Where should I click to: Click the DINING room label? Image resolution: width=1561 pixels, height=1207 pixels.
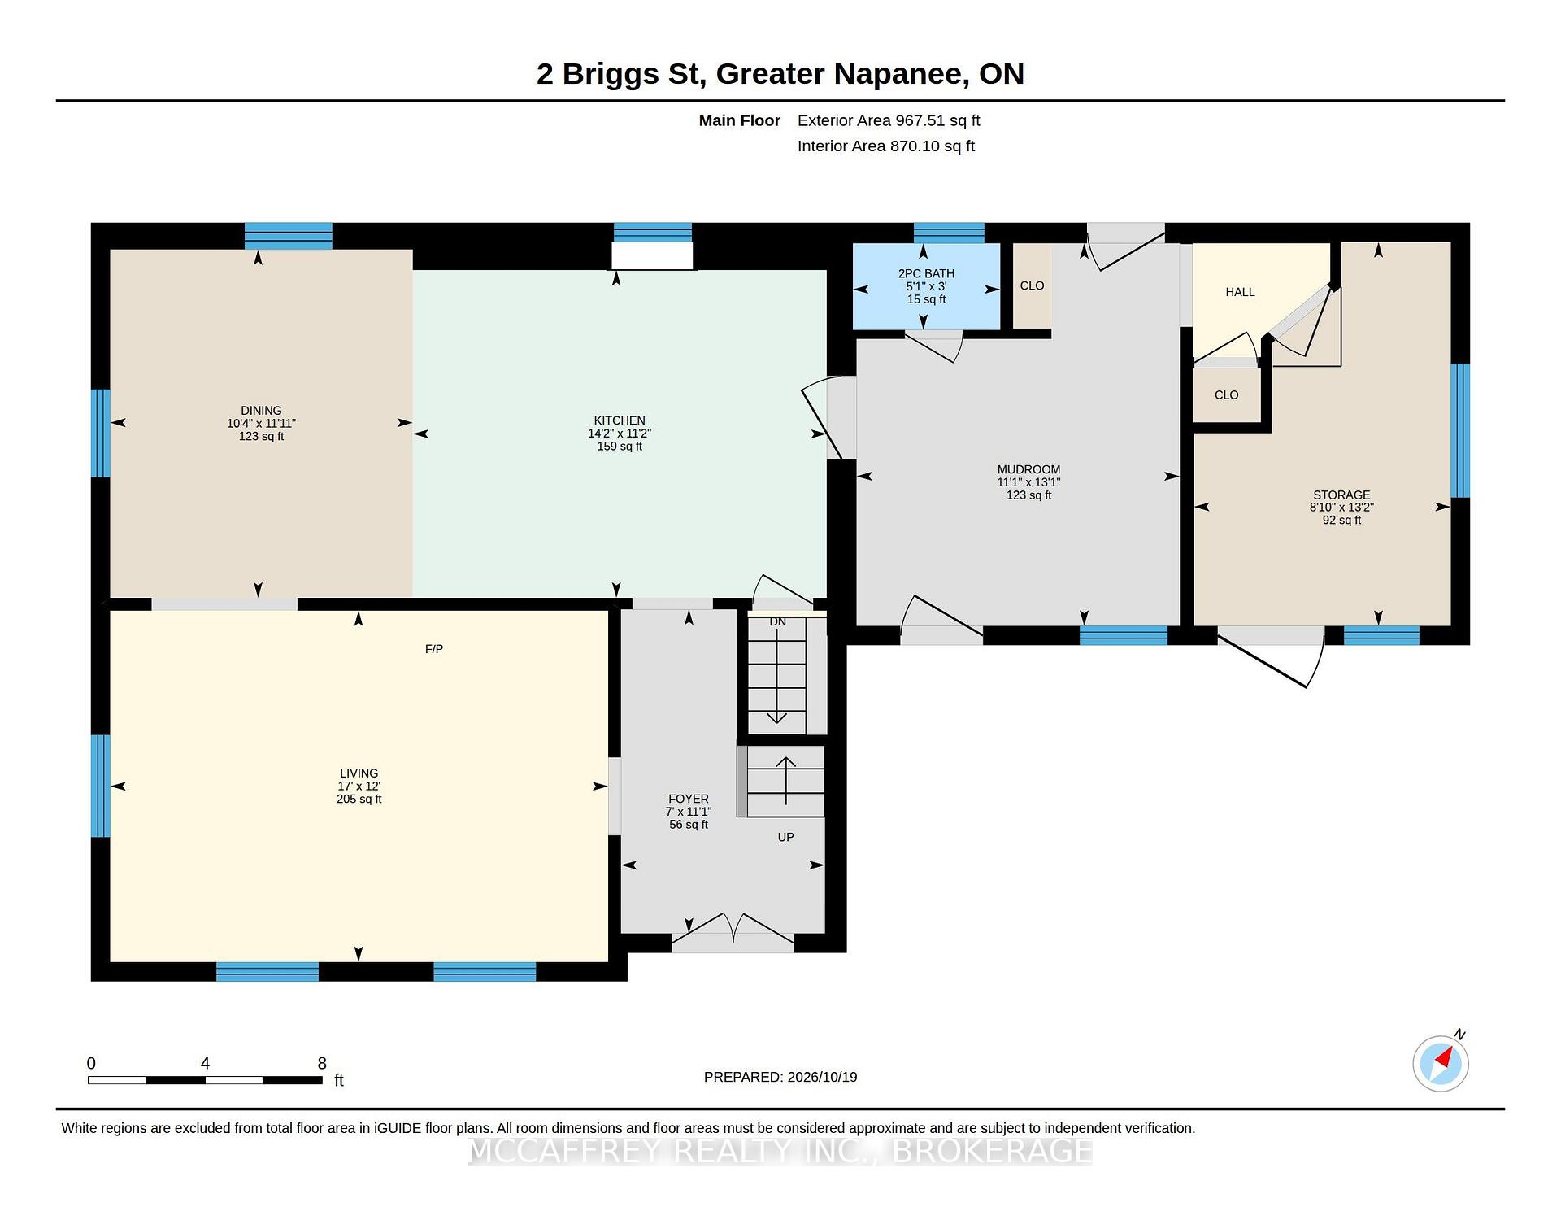(x=261, y=411)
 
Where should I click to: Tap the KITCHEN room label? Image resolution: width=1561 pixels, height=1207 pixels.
(x=620, y=420)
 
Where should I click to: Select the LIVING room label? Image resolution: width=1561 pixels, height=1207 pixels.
(x=359, y=773)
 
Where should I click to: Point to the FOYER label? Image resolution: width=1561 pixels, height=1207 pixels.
(x=689, y=799)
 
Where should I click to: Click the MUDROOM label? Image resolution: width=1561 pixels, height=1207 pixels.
(x=1028, y=469)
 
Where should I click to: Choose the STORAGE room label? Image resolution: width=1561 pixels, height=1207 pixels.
(x=1341, y=495)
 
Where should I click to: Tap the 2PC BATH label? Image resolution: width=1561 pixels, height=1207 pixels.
(x=926, y=273)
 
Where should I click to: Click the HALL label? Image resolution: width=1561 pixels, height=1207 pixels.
(x=1240, y=292)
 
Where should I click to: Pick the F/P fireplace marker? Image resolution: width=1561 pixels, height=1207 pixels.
(x=434, y=649)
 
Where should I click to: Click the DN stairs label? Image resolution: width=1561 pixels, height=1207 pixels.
(x=778, y=621)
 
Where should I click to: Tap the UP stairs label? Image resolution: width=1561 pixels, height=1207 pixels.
(x=785, y=837)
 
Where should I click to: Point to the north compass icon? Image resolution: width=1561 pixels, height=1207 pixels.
(x=1441, y=1061)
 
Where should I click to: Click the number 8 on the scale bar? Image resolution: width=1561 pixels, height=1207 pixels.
(x=322, y=1063)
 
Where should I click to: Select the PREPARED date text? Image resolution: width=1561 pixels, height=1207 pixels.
(x=780, y=1077)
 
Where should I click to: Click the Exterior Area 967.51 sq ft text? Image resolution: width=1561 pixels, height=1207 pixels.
(x=889, y=120)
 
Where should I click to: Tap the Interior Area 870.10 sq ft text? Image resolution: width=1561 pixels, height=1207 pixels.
(x=886, y=146)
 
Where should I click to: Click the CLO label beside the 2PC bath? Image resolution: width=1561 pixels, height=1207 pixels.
(x=1032, y=285)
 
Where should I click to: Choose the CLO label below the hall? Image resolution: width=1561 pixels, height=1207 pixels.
(x=1226, y=395)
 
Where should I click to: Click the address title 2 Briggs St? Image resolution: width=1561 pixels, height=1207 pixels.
(x=619, y=74)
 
